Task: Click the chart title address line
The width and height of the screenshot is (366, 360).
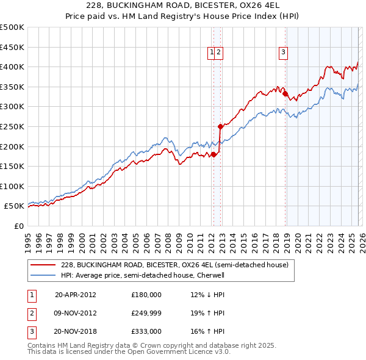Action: (183, 6)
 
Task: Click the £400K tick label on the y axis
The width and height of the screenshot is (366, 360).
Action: (12, 67)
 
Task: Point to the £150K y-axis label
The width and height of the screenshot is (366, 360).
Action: (12, 166)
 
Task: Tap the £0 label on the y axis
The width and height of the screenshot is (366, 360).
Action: (18, 226)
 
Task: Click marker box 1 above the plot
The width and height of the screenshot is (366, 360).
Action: (212, 53)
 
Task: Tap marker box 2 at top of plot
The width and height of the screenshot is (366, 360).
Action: (218, 53)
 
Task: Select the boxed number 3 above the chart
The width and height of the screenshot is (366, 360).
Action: (284, 53)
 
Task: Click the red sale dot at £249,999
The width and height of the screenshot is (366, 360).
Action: (220, 126)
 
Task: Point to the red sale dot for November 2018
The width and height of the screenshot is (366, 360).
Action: (285, 93)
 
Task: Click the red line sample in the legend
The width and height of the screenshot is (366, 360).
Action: (43, 265)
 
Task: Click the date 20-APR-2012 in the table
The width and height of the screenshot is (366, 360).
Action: (75, 294)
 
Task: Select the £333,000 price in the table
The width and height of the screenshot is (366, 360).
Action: (146, 332)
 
